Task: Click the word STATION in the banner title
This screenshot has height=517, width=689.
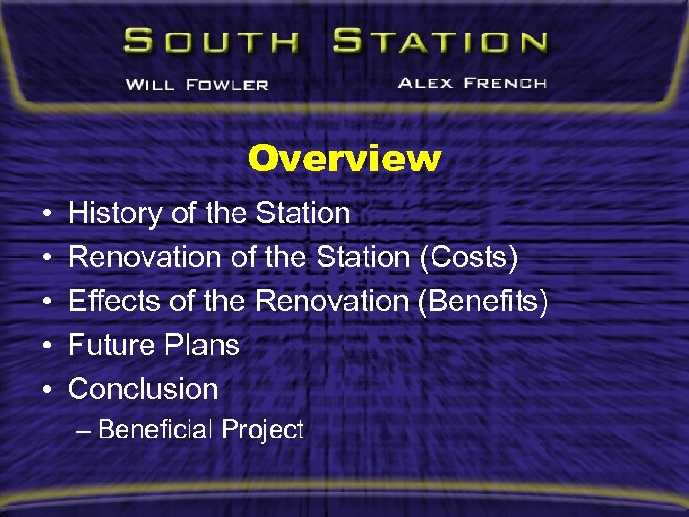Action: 441,42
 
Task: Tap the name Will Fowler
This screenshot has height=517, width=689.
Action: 197,83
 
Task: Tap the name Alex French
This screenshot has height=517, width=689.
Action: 472,82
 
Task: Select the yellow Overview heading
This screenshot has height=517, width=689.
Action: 344,158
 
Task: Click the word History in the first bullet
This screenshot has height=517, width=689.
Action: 116,213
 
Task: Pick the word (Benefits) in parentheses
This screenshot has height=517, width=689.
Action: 483,301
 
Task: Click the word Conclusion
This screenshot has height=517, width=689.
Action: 144,389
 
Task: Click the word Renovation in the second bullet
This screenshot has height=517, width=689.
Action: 146,257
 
